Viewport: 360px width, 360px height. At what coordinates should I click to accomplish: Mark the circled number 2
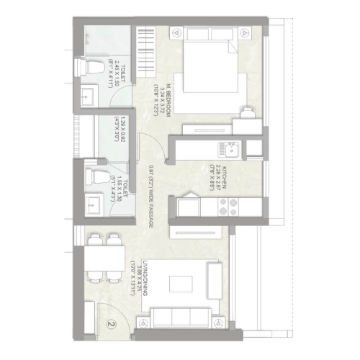110,325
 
